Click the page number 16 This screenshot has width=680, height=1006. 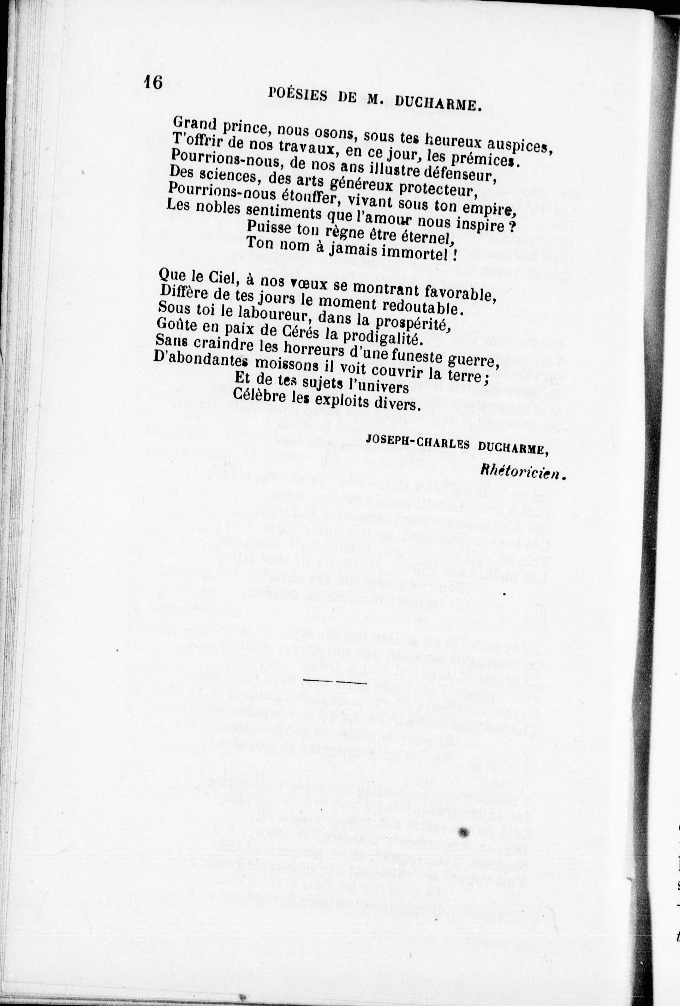point(153,82)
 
